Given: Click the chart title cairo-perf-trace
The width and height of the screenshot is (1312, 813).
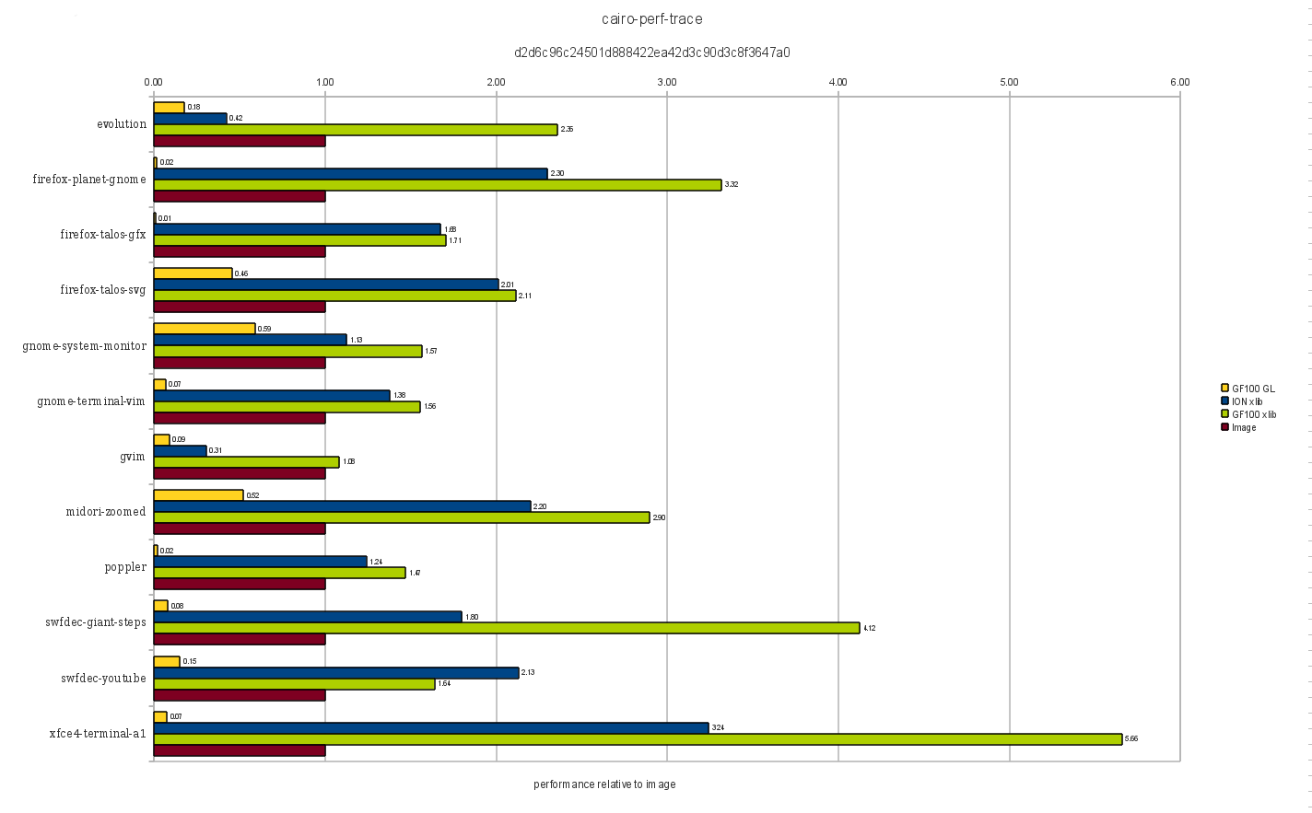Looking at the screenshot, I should tap(652, 18).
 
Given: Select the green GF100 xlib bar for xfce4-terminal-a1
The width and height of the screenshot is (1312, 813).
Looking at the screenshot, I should tap(638, 739).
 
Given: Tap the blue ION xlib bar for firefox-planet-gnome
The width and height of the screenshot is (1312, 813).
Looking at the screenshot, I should tap(350, 173).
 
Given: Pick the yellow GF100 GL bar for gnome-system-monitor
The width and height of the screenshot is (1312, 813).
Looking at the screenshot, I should tap(205, 329).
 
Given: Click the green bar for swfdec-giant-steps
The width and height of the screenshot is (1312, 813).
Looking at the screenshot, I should tap(507, 628).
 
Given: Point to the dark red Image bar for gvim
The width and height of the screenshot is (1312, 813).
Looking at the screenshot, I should tap(240, 473).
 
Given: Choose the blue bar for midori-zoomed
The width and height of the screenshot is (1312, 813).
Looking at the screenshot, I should tap(343, 506).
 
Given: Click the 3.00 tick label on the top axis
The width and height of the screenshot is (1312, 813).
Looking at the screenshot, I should tap(667, 82).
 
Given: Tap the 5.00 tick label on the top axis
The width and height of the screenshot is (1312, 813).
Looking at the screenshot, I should tap(1009, 82).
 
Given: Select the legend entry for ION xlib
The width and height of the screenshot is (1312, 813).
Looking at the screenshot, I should tap(1248, 401).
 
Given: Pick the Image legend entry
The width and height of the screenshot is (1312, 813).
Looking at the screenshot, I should tap(1244, 427).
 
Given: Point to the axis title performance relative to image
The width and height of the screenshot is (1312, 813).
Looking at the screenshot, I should tap(604, 784).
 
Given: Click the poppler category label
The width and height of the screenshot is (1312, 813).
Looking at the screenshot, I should tap(125, 567).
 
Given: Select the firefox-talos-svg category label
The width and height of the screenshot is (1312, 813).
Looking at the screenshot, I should tap(103, 290).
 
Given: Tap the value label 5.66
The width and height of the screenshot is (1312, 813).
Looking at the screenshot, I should tap(1131, 739).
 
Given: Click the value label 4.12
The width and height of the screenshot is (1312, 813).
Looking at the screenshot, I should tap(869, 628).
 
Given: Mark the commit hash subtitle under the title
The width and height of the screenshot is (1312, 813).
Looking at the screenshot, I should tap(652, 52).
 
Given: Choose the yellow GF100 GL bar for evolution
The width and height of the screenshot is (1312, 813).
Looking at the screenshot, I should tap(170, 107).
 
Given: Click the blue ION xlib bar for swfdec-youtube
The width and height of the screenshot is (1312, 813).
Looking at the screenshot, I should tap(336, 673).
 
